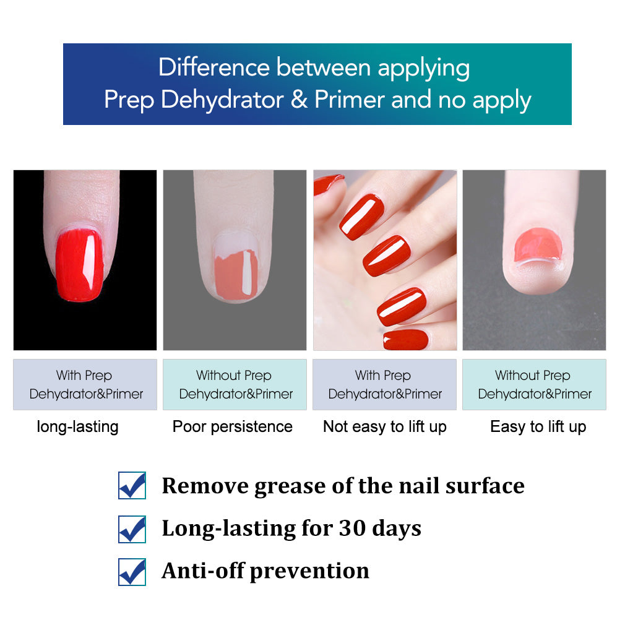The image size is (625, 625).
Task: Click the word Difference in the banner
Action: click(x=213, y=67)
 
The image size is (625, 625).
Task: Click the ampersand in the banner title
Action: click(x=299, y=100)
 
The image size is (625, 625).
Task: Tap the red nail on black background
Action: click(x=80, y=265)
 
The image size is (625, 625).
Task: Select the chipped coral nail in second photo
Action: click(x=236, y=275)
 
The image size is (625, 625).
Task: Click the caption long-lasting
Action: click(x=77, y=426)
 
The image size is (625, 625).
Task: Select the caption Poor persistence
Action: click(x=233, y=426)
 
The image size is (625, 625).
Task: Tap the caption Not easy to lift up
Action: click(x=384, y=426)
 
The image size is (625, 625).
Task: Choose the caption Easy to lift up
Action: click(x=538, y=426)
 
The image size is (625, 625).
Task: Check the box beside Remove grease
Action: click(x=132, y=486)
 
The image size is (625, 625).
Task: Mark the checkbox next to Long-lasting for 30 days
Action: click(x=132, y=529)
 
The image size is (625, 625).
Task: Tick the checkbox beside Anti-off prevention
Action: click(x=132, y=572)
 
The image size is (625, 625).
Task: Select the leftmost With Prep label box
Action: click(x=85, y=384)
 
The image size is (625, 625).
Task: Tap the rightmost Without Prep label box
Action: click(x=534, y=384)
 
